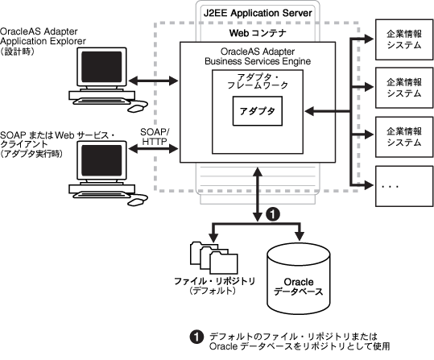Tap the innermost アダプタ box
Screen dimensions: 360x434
tap(257, 112)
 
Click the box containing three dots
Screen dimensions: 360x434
tap(399, 188)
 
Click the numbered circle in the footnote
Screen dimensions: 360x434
tap(195, 336)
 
